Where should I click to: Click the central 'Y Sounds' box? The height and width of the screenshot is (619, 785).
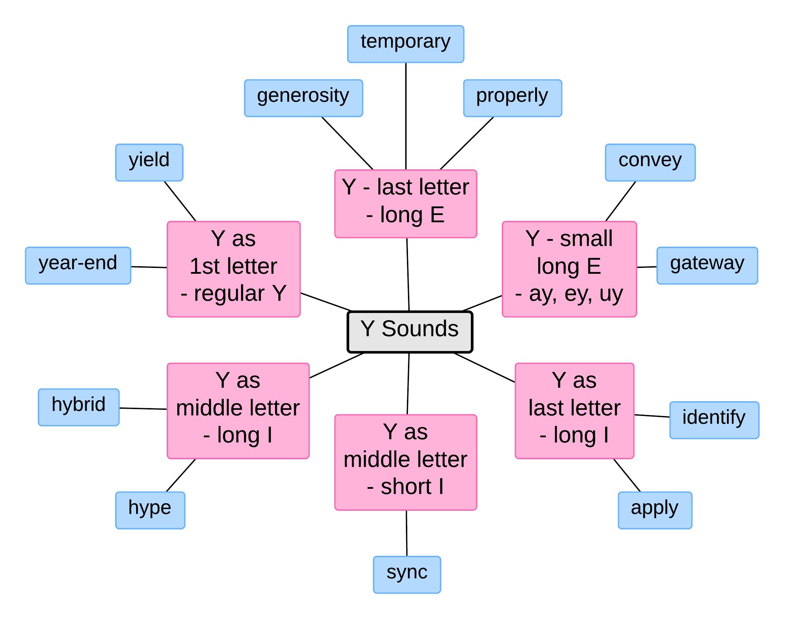[x=410, y=331]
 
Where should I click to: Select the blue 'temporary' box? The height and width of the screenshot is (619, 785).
[x=405, y=44]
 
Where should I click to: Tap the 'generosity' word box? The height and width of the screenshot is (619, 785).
[x=303, y=98]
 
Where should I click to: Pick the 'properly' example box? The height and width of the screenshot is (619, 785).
[x=512, y=98]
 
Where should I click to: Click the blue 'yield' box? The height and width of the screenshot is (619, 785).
[x=149, y=162]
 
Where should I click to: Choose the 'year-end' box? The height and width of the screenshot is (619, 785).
[x=78, y=265]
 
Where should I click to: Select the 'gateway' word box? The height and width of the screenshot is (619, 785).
[x=707, y=265]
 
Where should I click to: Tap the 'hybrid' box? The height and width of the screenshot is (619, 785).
[x=79, y=407]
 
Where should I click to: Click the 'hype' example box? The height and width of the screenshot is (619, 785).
[x=150, y=510]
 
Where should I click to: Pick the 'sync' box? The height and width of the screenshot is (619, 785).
[x=407, y=574]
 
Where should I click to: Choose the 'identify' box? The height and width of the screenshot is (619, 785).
[x=714, y=420]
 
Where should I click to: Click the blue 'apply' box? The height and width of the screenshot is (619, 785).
[x=655, y=510]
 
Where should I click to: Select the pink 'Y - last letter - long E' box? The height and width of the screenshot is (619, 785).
[x=405, y=204]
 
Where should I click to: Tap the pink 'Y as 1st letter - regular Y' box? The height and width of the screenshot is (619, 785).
[x=233, y=269]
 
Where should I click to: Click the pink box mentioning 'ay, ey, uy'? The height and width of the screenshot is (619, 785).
[x=569, y=269]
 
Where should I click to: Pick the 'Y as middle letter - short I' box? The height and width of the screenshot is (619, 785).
[x=405, y=462]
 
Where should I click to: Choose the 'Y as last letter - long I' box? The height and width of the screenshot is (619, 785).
[x=574, y=410]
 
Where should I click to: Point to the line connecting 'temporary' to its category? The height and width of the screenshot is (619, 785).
[x=406, y=116]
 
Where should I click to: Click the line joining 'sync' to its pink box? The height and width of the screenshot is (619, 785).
[x=407, y=533]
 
